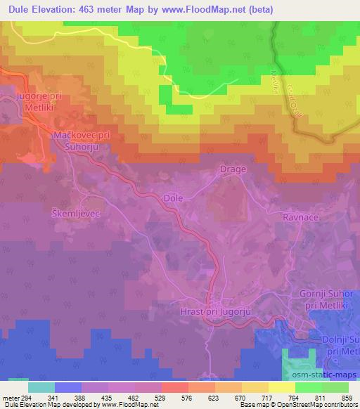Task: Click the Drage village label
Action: click(x=233, y=169)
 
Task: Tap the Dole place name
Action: click(x=173, y=198)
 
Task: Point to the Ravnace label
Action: click(x=301, y=218)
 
